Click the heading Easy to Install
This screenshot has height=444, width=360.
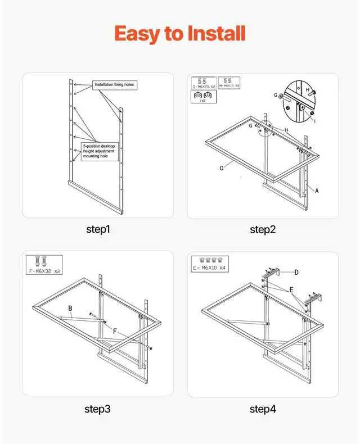point(180,34)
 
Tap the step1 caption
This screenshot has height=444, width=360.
point(98,229)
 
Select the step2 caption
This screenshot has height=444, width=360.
point(262,229)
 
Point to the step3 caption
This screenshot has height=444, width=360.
point(98,409)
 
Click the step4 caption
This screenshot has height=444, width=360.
point(262,409)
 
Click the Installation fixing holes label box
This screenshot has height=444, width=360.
point(115,85)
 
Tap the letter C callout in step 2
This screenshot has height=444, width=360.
point(223,168)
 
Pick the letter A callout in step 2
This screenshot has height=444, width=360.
point(317,191)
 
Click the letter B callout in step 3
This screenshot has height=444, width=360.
point(70,308)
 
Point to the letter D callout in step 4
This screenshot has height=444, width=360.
point(296,272)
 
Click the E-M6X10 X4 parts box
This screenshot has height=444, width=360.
point(209,264)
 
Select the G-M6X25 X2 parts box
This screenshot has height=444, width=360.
point(203,83)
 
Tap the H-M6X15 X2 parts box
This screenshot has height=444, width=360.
point(229,83)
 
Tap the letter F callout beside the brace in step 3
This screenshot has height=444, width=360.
point(115,332)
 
